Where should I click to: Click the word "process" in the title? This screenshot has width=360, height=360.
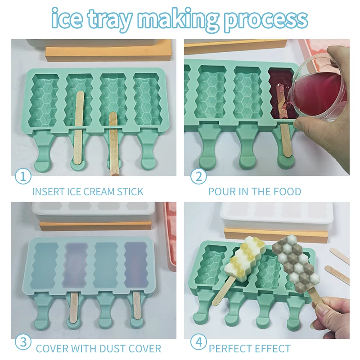tap(265, 19)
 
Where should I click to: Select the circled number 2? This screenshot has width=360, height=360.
tap(198, 176)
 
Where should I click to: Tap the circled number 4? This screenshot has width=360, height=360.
tap(198, 342)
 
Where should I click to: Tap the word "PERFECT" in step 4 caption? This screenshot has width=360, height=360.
tap(229, 348)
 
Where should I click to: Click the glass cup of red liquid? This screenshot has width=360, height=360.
tap(315, 90)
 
